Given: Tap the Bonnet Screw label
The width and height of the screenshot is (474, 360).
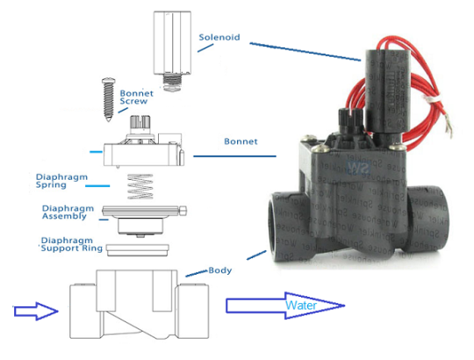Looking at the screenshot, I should (x=135, y=97).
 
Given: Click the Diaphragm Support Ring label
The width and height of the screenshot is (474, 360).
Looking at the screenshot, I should (x=72, y=245).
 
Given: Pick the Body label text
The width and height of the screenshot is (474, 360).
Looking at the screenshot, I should (x=219, y=270).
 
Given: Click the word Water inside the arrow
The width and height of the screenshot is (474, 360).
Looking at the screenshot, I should (x=302, y=306).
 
